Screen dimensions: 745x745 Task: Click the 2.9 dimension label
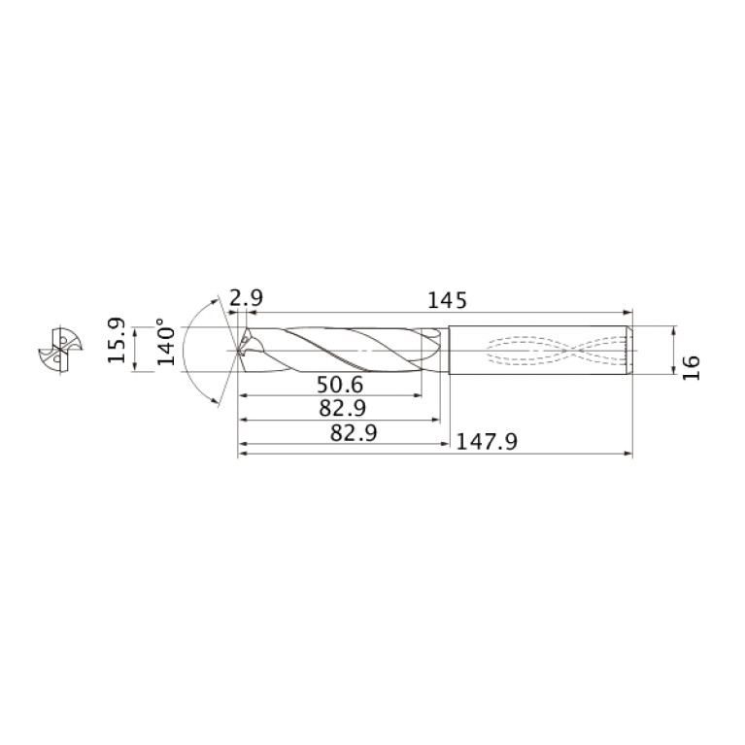coord(246,299)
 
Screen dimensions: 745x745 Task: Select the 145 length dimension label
coord(448,301)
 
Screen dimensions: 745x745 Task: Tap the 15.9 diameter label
coord(117,340)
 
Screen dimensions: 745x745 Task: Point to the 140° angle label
coord(166,342)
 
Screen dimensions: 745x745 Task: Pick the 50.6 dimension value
coord(340,385)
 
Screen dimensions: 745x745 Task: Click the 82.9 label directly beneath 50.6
coord(343,409)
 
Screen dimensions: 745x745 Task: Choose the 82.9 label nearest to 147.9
coord(354,433)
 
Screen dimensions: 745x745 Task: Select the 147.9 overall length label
coord(486,442)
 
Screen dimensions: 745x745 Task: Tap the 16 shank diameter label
coord(692,367)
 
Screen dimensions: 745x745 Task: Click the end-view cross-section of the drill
coord(60,351)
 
